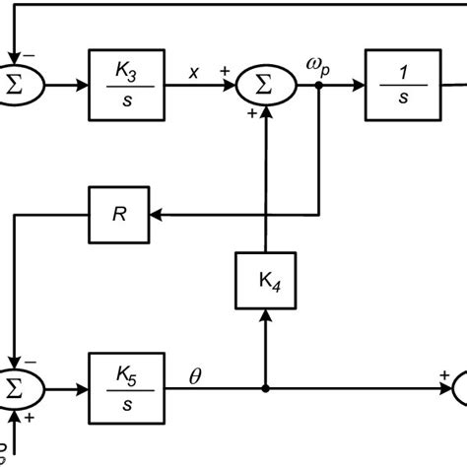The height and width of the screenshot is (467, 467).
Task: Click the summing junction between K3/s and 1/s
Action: point(264,87)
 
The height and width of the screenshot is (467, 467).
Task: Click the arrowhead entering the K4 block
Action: point(264,313)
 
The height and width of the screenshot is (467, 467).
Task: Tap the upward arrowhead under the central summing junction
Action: point(264,119)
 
